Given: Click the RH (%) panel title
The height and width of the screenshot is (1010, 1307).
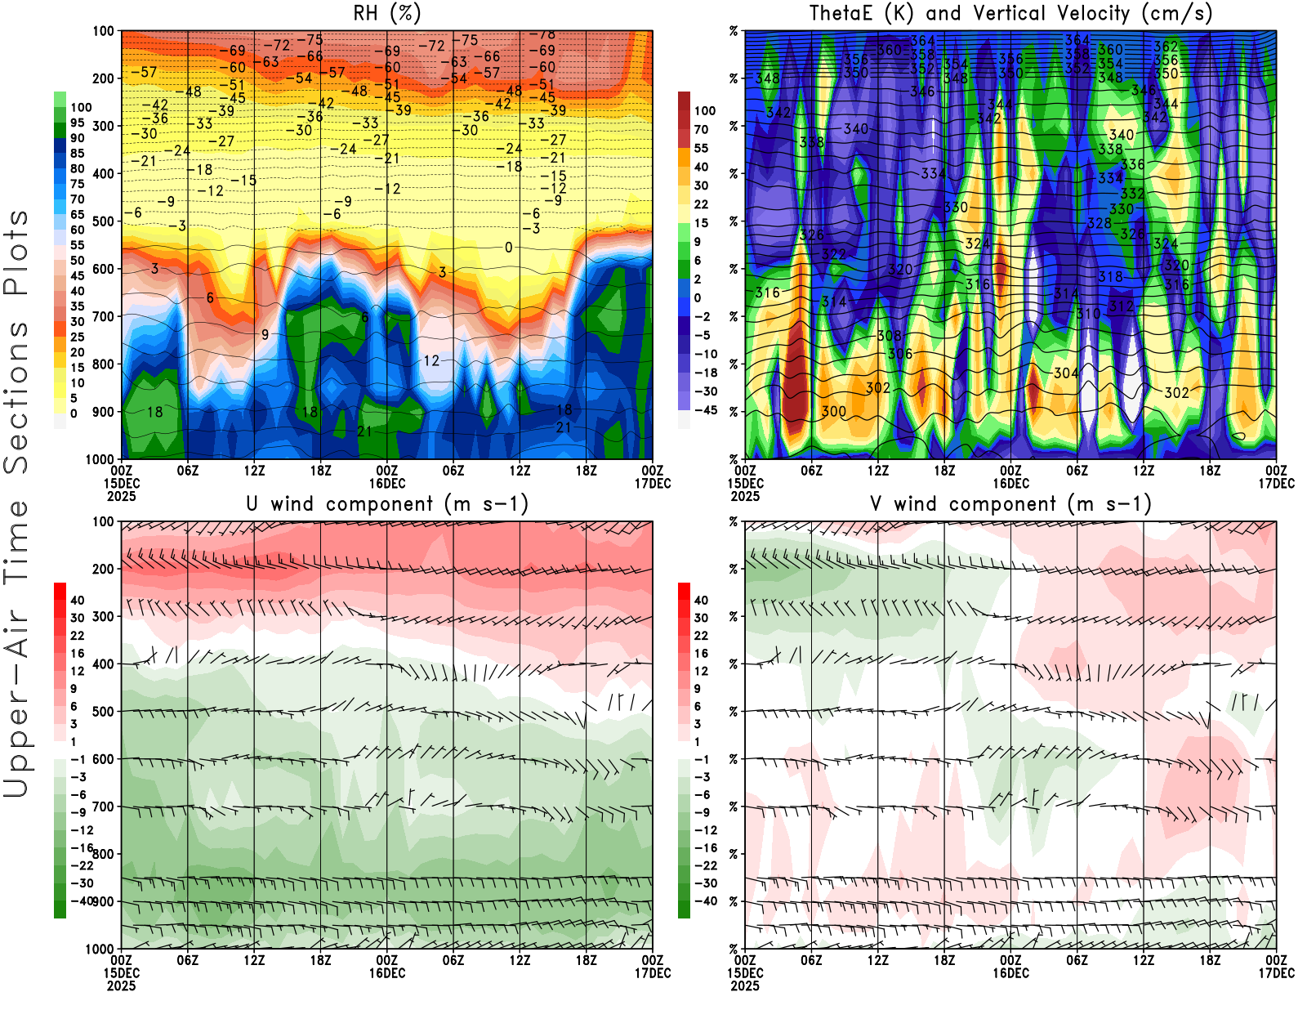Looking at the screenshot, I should click(387, 13).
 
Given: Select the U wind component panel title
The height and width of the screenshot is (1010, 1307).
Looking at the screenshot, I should click(387, 503).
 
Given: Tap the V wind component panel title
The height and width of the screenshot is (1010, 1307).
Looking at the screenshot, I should click(1010, 503).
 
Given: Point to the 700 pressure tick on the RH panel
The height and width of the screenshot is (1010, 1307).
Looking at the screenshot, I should click(104, 316).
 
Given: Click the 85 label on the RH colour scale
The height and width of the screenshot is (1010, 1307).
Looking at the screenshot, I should click(77, 153).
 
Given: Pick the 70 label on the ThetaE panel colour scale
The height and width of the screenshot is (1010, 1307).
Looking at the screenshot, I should click(701, 129).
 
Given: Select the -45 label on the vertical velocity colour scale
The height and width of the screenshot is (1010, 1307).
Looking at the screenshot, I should click(706, 410).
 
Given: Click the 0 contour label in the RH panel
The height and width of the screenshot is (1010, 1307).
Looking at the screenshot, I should click(508, 248).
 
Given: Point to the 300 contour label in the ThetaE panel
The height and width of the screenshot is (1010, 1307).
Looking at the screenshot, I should click(834, 411).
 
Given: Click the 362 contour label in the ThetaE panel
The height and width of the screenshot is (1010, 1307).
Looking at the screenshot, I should click(1166, 47).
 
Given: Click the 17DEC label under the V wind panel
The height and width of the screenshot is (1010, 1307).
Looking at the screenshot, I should click(1276, 973).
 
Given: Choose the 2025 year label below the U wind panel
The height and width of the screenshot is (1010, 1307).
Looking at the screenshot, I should click(121, 985).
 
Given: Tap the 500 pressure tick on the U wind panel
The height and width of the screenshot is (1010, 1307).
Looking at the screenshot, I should click(104, 712).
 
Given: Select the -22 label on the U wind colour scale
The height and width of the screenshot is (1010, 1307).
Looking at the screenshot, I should click(82, 865).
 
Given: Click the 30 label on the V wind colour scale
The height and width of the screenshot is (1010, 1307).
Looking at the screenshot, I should click(701, 618).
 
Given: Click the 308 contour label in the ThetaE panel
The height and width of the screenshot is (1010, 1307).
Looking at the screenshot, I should click(889, 336).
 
